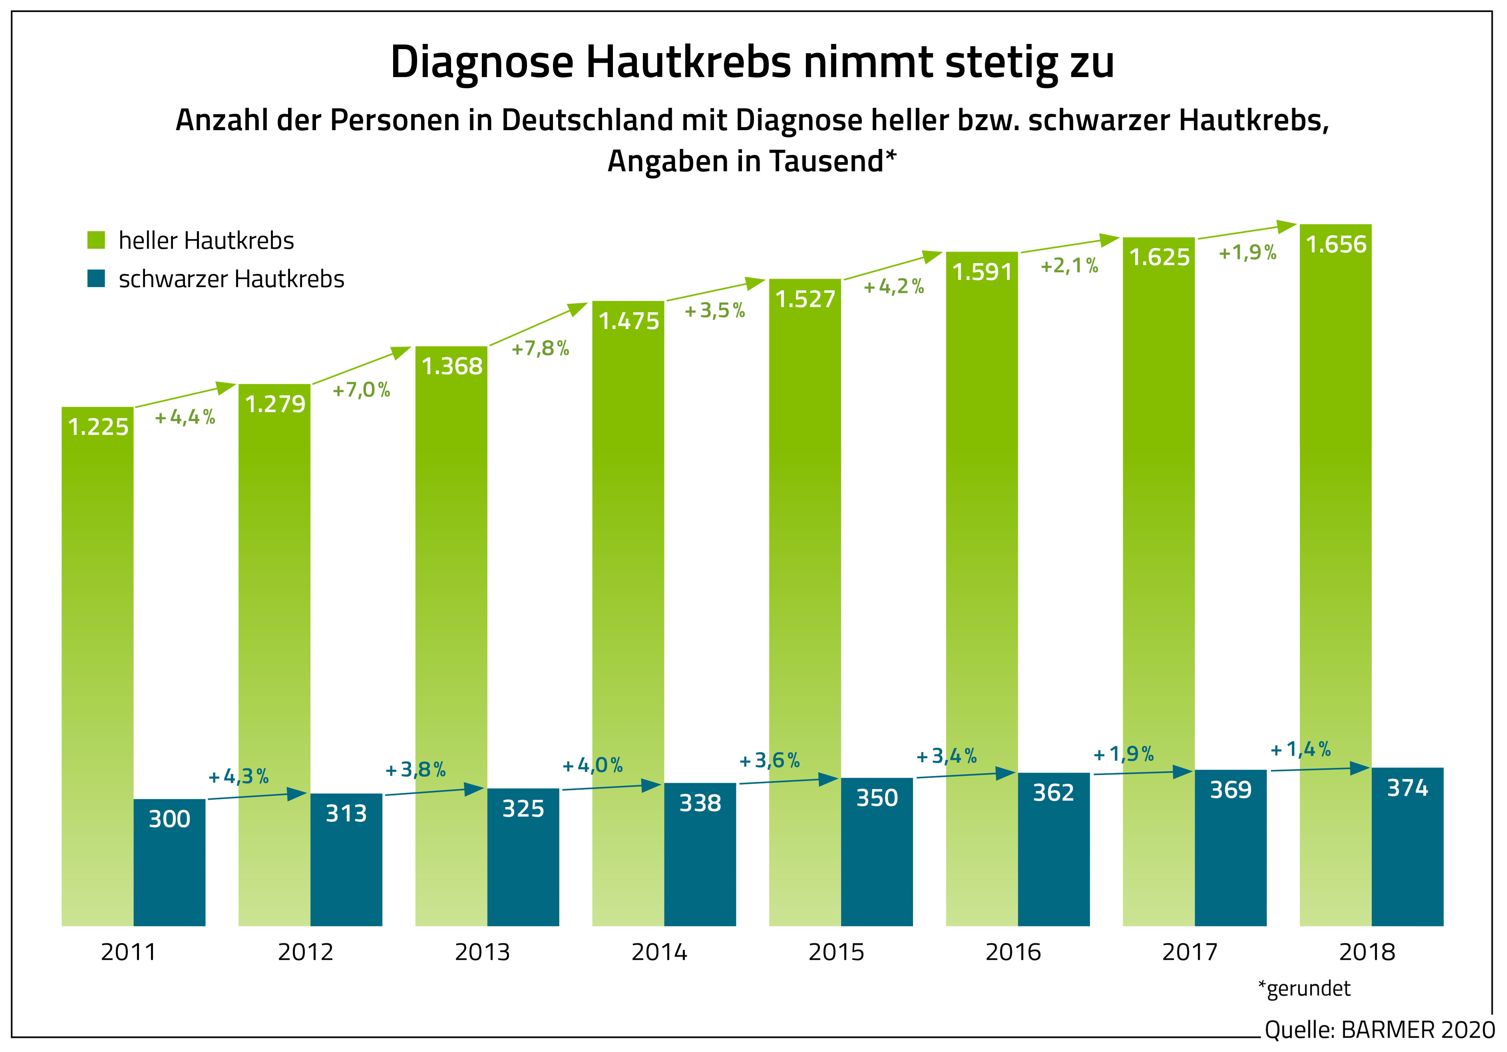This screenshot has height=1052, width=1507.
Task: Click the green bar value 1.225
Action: tap(98, 427)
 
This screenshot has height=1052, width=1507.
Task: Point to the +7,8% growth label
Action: tap(540, 348)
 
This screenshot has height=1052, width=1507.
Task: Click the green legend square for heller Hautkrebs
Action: tap(97, 240)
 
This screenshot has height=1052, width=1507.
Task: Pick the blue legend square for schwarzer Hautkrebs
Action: tap(97, 279)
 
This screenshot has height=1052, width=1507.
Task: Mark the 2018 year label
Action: tap(1367, 952)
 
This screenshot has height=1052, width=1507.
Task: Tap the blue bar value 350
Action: tap(877, 798)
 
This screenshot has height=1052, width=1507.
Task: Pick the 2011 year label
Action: tap(129, 952)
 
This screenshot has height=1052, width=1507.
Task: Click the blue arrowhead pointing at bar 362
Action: tap(1006, 773)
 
